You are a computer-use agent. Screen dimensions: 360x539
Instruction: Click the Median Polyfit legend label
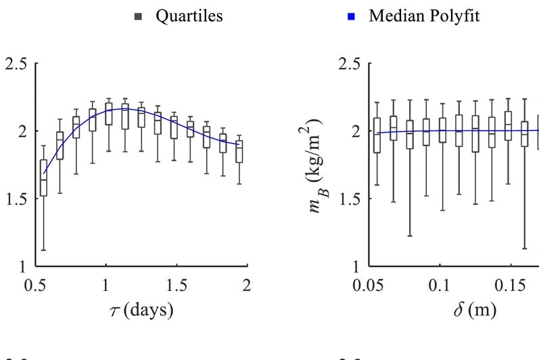[424, 17]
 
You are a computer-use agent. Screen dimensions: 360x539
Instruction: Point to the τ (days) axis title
[142, 311]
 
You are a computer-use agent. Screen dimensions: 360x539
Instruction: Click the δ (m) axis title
[475, 311]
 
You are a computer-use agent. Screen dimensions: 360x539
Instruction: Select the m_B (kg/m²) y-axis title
[312, 164]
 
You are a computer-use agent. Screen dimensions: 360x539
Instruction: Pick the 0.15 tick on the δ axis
[509, 285]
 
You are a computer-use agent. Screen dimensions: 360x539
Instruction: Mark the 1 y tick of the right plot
[356, 266]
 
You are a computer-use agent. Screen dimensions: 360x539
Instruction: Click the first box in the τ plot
[44, 178]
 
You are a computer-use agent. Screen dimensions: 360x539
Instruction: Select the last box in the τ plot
[238, 152]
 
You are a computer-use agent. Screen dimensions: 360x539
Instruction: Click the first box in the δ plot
[377, 135]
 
